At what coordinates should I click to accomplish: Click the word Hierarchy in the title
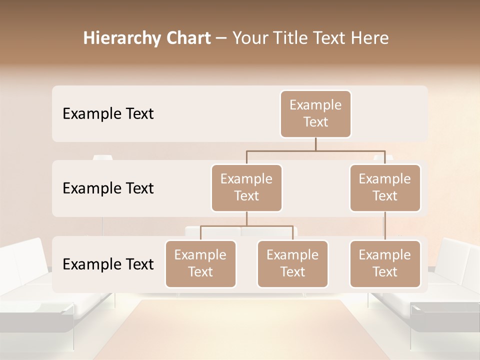(119, 38)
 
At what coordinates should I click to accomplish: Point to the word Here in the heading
(370, 38)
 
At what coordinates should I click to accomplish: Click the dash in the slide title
(221, 38)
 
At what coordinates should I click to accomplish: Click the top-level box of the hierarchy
(315, 114)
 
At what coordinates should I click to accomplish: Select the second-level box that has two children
(246, 188)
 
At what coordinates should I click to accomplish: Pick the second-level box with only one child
(385, 188)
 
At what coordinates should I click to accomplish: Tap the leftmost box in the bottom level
(200, 264)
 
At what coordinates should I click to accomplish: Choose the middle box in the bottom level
(292, 264)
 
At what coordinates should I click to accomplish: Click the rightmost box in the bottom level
(385, 264)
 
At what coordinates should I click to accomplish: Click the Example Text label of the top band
(108, 114)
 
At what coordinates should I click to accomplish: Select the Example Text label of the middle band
(108, 188)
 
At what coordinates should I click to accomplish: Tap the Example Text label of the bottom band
(108, 264)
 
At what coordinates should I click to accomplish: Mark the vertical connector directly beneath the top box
(315, 144)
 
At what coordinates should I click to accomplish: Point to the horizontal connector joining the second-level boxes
(315, 150)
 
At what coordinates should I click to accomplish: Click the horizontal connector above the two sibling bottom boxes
(246, 226)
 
